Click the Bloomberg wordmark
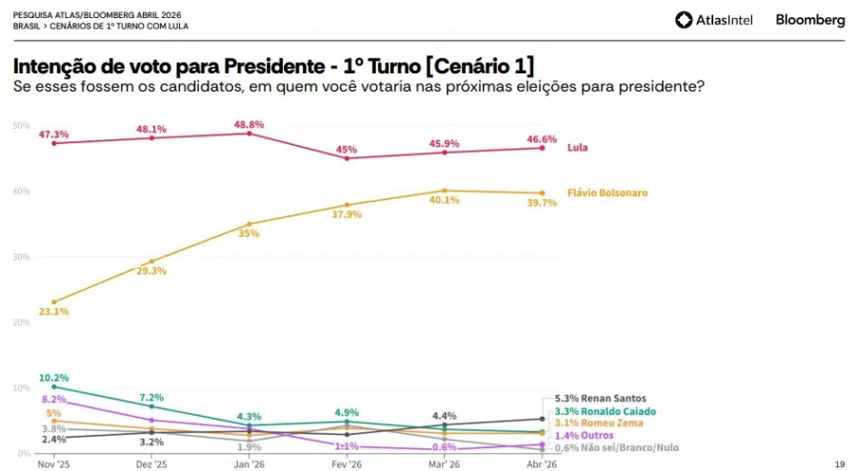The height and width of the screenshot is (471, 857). click(x=809, y=20)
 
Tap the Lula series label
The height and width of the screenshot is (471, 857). click(x=577, y=148)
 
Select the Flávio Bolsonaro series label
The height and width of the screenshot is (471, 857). click(x=607, y=193)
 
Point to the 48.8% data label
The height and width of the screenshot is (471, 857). click(x=249, y=124)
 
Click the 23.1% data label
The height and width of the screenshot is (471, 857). click(x=54, y=312)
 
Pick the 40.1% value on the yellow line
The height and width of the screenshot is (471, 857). click(x=444, y=200)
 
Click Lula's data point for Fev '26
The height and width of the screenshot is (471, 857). click(x=347, y=158)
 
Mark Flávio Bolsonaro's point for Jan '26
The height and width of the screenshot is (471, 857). click(x=249, y=224)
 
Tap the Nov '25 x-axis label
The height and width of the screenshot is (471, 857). click(x=54, y=464)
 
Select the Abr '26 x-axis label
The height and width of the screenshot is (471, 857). click(x=542, y=464)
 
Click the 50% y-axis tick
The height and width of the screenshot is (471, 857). click(x=21, y=126)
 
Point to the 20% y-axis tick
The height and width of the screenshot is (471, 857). click(x=21, y=322)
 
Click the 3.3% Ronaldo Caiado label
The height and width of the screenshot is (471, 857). click(x=605, y=411)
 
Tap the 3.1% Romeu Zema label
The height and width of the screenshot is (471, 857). click(x=598, y=422)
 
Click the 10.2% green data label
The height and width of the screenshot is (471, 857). click(x=54, y=378)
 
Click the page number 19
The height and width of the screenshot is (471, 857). click(x=839, y=464)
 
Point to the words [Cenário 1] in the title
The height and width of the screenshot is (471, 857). click(x=480, y=66)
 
